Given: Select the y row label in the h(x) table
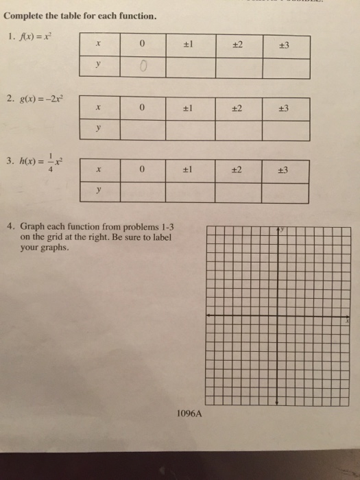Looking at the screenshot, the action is (x=99, y=192).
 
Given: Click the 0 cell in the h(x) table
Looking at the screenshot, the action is (x=143, y=171).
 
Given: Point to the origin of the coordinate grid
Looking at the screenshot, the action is (x=276, y=315).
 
